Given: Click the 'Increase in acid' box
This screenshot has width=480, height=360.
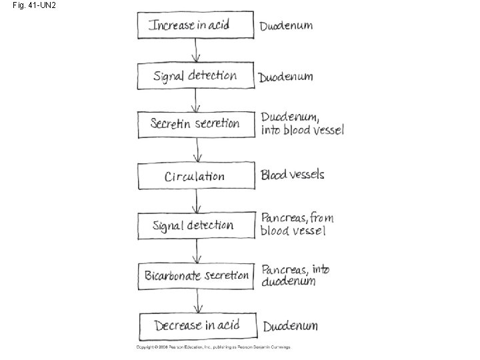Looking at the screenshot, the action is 196,25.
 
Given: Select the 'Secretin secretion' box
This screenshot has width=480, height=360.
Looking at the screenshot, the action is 196,124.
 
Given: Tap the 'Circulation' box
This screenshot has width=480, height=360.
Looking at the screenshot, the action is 196,176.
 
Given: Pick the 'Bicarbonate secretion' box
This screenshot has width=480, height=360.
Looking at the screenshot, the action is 196,275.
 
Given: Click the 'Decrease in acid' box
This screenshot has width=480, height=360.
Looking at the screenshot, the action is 196,326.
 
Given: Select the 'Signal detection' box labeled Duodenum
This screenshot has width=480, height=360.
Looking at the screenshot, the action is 196,75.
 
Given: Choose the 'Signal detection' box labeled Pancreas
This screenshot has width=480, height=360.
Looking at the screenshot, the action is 196,225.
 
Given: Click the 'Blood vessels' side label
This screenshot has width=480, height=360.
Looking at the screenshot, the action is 293,175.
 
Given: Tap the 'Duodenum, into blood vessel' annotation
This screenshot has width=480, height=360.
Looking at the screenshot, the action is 301,123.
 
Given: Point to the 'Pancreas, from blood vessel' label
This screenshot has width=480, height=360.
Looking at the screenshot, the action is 297,224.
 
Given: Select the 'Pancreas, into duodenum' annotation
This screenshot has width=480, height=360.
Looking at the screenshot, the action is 295,275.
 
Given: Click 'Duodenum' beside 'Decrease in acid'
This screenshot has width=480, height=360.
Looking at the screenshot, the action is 290,326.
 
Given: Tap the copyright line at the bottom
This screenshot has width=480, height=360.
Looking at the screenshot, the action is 213,347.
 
